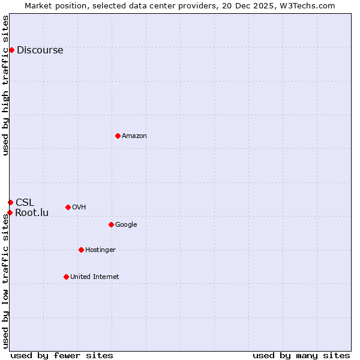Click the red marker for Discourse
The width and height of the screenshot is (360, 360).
[11, 50]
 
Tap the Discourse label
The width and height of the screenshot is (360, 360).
[40, 50]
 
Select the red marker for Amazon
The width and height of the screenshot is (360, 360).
[118, 136]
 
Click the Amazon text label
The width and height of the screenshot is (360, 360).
[134, 136]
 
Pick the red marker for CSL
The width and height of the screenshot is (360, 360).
[10, 202]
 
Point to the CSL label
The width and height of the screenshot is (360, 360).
[25, 202]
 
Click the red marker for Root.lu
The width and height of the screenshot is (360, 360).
[10, 212]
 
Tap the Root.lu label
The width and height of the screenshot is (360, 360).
[32, 212]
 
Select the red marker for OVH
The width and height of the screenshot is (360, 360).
[68, 207]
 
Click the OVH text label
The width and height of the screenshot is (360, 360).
[79, 208]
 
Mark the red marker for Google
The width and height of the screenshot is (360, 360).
[111, 224]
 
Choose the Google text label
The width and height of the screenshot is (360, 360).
[126, 225]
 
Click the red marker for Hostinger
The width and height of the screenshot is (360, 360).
[81, 250]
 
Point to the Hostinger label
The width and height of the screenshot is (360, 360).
[100, 250]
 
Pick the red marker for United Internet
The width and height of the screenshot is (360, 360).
[66, 277]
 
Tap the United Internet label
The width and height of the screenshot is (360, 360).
[94, 277]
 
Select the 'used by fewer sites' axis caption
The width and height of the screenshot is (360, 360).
[62, 355]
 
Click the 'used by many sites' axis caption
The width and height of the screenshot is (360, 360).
[301, 355]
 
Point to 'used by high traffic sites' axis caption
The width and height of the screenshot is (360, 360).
[6, 85]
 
